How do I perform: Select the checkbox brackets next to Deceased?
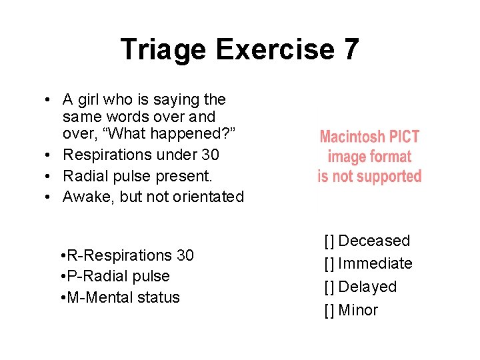(x=329, y=241)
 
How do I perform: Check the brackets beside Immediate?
(x=329, y=264)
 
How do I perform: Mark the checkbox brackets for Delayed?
(x=329, y=287)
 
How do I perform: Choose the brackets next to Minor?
(x=329, y=311)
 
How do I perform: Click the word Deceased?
(x=375, y=241)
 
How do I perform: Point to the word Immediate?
(x=375, y=264)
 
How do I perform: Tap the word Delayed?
(x=367, y=287)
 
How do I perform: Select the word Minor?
(x=358, y=311)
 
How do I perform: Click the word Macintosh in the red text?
(x=352, y=137)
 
